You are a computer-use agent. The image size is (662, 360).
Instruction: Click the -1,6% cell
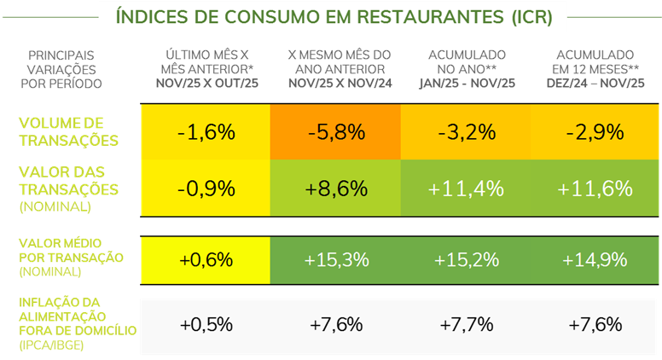coord(206,132)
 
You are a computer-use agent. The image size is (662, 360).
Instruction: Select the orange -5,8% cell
coord(336,132)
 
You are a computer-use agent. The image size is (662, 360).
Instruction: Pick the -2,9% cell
coord(595,132)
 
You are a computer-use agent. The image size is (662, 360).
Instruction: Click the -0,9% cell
coord(206,188)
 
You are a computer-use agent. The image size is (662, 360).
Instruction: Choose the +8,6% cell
coord(336,188)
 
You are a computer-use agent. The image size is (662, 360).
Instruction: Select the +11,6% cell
coord(595,188)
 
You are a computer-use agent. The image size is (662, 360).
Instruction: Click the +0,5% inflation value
coord(206,324)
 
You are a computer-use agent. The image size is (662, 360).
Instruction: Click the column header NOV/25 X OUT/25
coord(206,84)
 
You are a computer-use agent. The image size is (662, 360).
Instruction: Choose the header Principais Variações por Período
coord(61,69)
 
